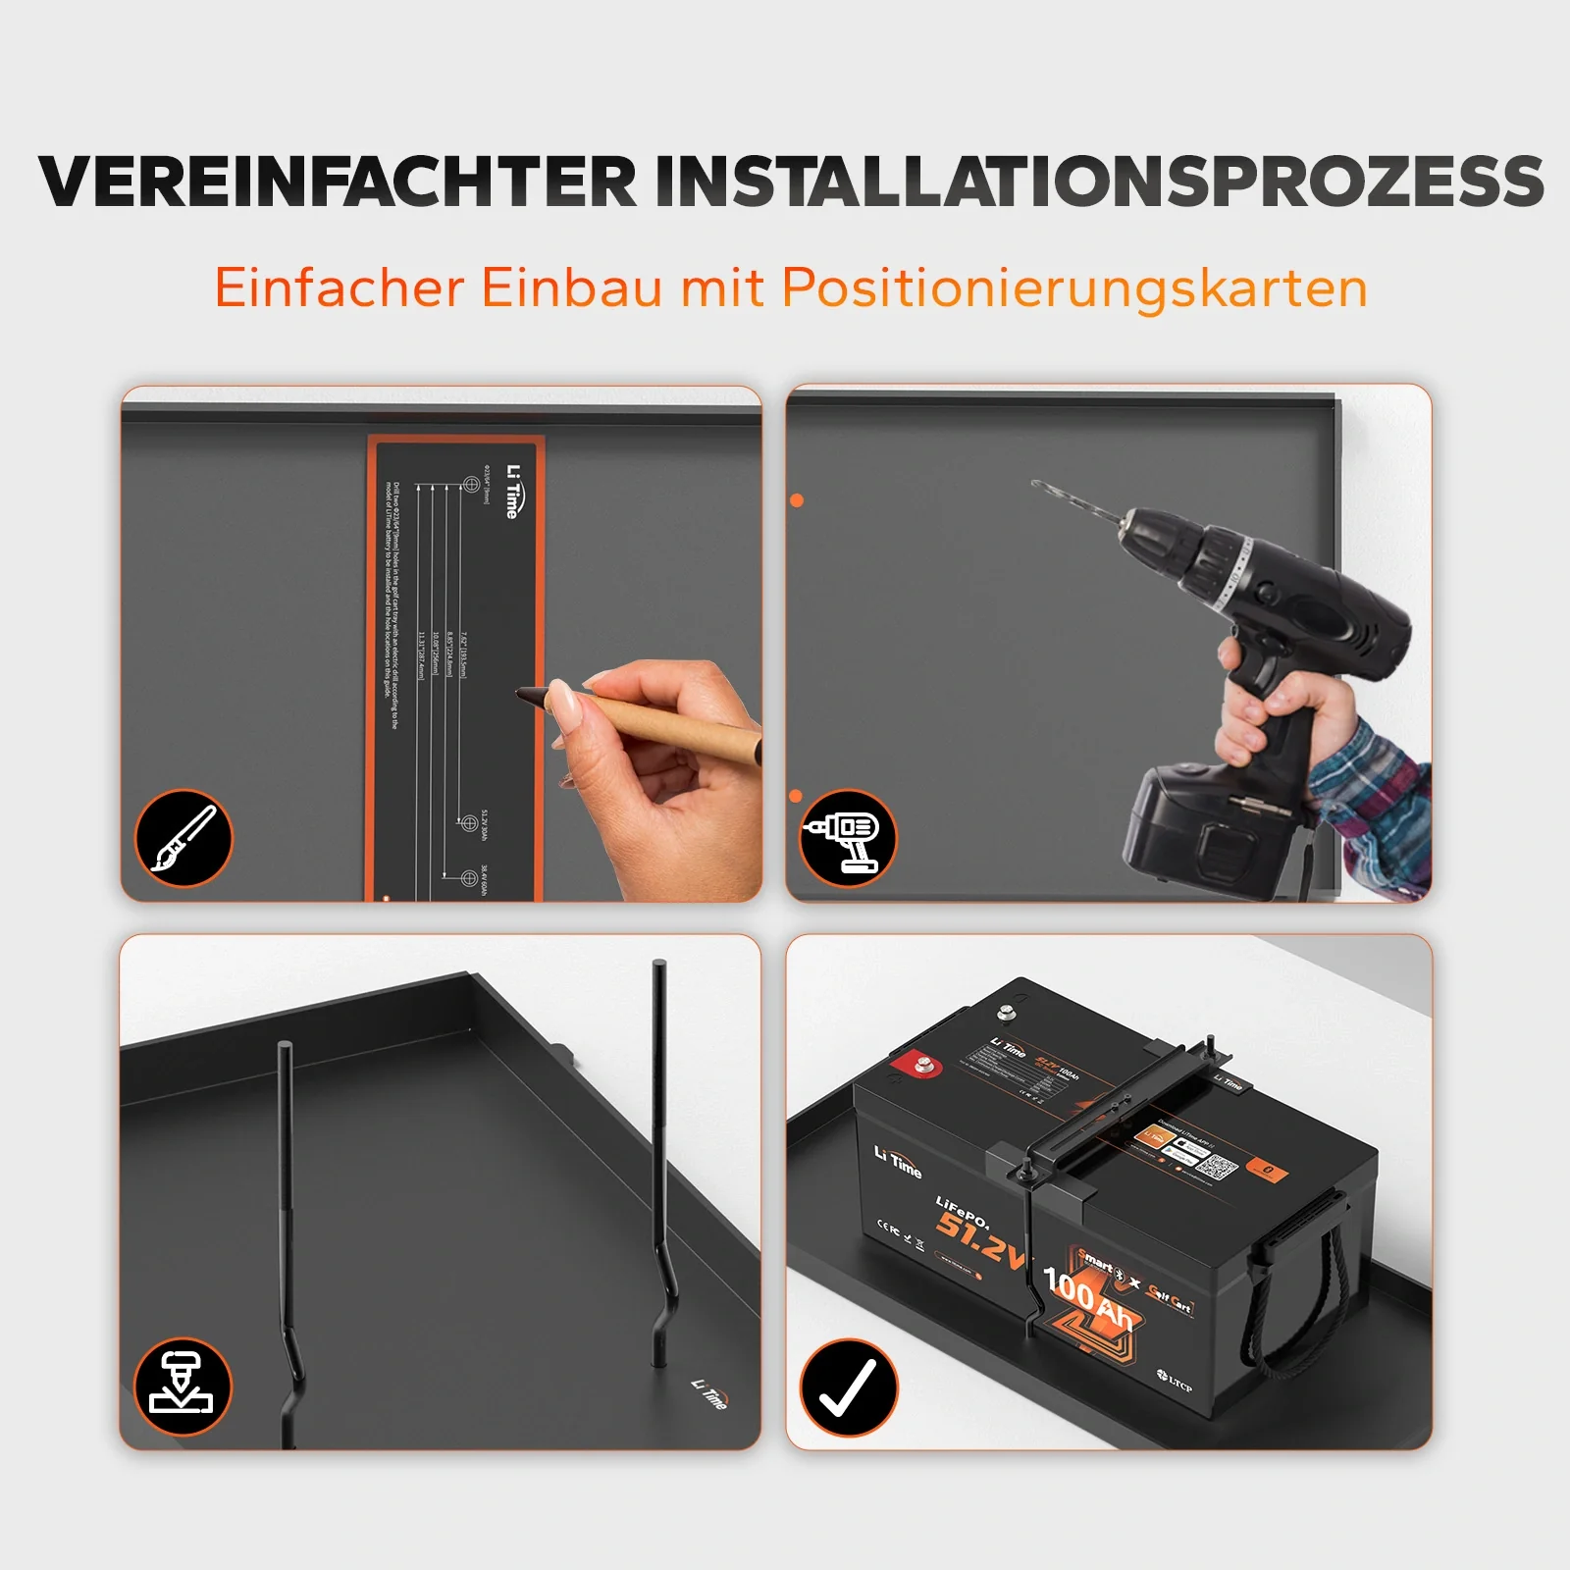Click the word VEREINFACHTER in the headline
click(339, 182)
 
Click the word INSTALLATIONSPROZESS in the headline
click(1099, 182)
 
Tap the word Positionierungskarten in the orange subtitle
click(1074, 288)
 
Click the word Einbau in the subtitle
click(571, 288)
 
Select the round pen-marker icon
click(183, 839)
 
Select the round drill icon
click(848, 839)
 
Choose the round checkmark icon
click(848, 1387)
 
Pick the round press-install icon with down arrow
click(183, 1387)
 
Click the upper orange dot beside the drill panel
click(797, 500)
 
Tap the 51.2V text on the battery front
click(979, 1238)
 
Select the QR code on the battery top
click(1218, 1168)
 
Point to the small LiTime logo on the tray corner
click(709, 1393)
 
